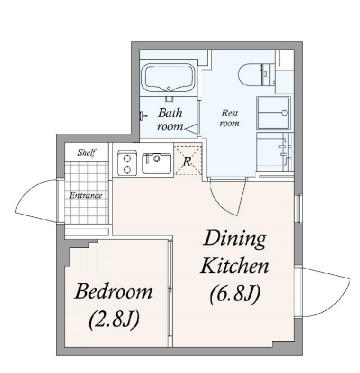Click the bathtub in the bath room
point(169,78)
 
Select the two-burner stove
point(127,163)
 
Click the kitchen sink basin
point(157,163)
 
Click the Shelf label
point(87,152)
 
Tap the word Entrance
point(86,196)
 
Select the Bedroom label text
point(113,291)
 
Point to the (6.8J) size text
point(235,293)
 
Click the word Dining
point(234,239)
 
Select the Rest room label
point(230,118)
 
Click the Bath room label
point(170,119)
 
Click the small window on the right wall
point(298,208)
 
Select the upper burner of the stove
point(127,158)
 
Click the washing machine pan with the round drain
point(273,113)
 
